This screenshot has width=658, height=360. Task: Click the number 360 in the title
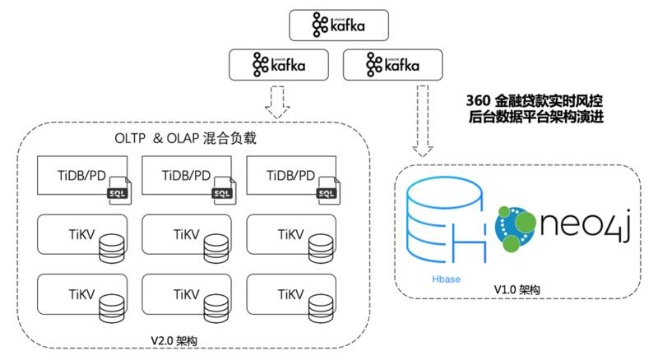tap(478, 100)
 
